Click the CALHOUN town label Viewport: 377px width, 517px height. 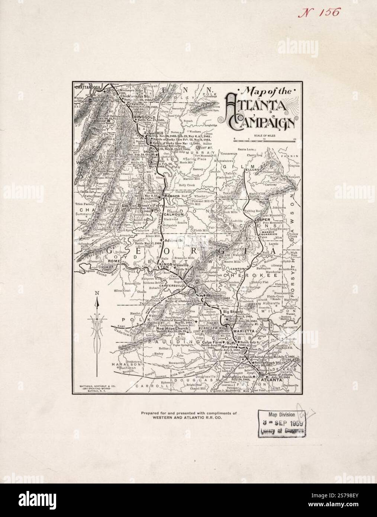[x=173, y=215]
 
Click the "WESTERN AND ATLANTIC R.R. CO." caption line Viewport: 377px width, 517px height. [x=189, y=418]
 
